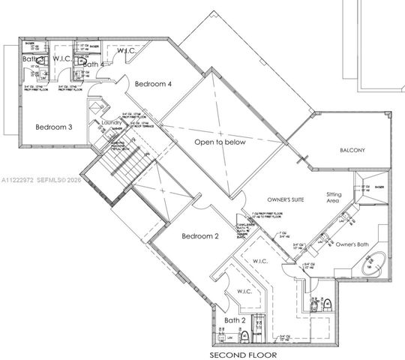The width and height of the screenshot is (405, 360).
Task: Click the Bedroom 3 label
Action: click(53, 127)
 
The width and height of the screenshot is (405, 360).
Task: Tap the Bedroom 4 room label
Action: click(153, 85)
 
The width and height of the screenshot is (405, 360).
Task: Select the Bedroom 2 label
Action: click(200, 236)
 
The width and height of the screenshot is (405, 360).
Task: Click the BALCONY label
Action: click(352, 150)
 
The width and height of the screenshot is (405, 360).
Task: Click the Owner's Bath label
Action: click(353, 245)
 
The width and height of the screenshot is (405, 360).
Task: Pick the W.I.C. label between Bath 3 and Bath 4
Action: click(61, 58)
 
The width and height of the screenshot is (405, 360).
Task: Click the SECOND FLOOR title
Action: click(243, 354)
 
